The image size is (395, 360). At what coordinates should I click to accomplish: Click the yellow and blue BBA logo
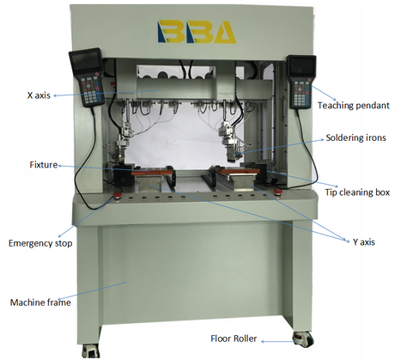tap(197, 32)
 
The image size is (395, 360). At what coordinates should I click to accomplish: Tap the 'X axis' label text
tap(39, 95)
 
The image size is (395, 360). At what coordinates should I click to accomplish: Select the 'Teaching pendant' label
tap(354, 106)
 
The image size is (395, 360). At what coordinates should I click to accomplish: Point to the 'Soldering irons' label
tap(355, 137)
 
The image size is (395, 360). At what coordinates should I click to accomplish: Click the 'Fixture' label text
tap(44, 165)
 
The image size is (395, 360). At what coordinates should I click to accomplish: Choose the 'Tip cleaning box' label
tap(357, 192)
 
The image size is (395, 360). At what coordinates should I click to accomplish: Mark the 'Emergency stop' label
tap(40, 243)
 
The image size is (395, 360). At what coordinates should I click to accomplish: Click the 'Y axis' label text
tap(364, 242)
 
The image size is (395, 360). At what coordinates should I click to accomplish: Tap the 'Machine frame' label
tap(40, 302)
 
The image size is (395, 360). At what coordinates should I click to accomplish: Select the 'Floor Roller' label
tap(234, 339)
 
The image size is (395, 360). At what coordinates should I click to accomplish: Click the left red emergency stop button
tap(117, 195)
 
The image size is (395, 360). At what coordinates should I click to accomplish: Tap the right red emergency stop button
tap(276, 192)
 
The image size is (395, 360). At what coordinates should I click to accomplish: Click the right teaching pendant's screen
tap(301, 67)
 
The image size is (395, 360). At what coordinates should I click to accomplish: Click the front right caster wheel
tap(302, 339)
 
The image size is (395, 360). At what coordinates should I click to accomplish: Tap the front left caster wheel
tap(91, 351)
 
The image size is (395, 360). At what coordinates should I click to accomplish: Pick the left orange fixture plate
tap(152, 172)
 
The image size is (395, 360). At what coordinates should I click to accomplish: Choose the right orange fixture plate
tap(239, 171)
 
